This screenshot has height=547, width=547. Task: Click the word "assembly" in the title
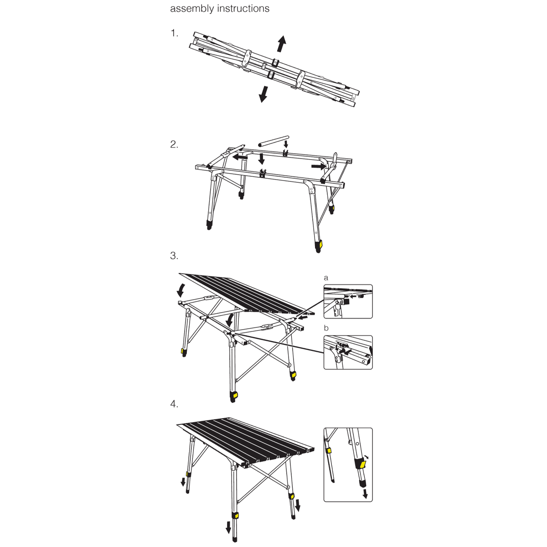[x=192, y=9]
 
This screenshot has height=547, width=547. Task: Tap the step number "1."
[x=174, y=33]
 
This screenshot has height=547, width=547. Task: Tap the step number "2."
[x=174, y=144]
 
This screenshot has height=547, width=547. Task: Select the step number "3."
[x=174, y=256]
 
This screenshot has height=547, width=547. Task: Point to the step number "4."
[x=174, y=404]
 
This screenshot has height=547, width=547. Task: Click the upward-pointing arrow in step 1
[x=281, y=44]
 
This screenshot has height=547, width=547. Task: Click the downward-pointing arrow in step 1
[x=263, y=94]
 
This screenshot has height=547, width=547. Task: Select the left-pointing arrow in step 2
[x=240, y=157]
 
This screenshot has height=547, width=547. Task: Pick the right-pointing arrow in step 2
[x=319, y=166]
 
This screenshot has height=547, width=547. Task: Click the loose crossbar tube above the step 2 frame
[x=273, y=141]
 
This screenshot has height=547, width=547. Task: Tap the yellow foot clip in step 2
[x=320, y=243]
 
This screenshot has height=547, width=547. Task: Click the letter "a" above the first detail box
[x=326, y=278]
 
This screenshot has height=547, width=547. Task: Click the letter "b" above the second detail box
[x=326, y=328]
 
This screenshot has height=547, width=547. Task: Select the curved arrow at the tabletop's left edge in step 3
[x=180, y=290]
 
